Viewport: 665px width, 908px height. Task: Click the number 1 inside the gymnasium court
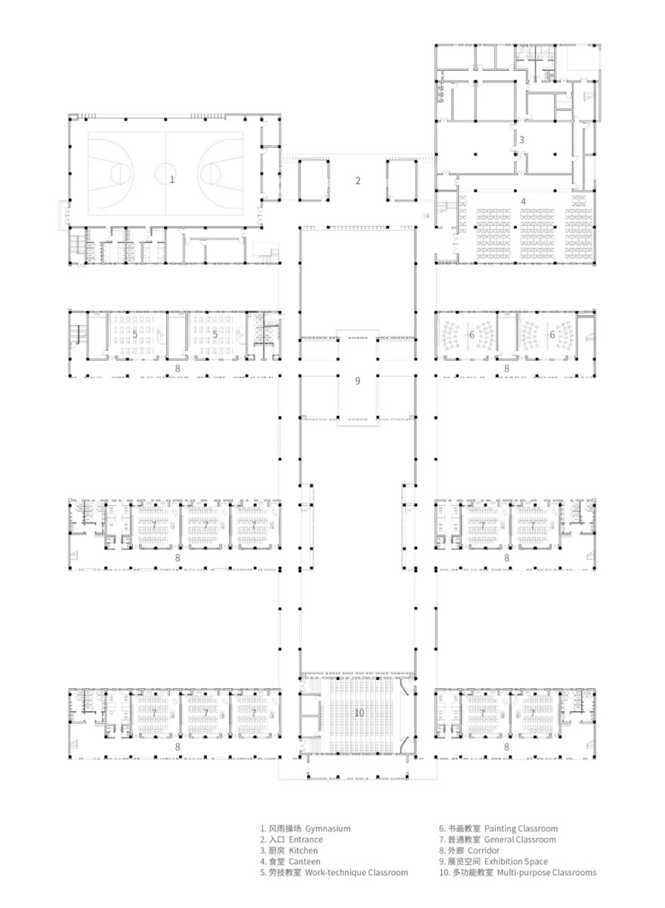coord(172,179)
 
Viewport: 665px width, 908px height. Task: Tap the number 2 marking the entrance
coord(358,180)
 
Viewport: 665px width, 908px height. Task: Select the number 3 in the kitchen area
coord(521,140)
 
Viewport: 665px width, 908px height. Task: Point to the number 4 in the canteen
coord(523,202)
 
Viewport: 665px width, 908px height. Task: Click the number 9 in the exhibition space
coord(358,381)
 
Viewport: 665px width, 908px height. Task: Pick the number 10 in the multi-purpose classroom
coord(359,713)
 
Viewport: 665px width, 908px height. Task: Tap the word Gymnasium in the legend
coord(328,828)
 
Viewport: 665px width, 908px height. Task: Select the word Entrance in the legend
coord(305,839)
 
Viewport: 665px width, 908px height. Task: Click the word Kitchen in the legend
coord(303,851)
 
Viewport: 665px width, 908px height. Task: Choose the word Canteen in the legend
coord(305,861)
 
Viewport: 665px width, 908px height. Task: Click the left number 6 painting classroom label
coord(472,334)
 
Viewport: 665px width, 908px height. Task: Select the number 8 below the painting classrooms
coord(507,369)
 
